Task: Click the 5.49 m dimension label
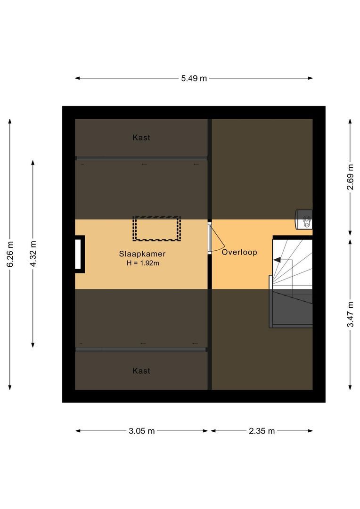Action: [x=194, y=79]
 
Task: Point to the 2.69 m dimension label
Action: [x=350, y=177]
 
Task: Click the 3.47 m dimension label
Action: [x=350, y=314]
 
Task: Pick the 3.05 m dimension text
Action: [x=141, y=431]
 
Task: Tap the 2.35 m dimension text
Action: [x=261, y=431]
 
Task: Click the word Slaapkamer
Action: [x=142, y=254]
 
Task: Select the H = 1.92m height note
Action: [x=142, y=263]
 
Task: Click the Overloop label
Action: [x=239, y=252]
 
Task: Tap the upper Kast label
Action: [x=141, y=138]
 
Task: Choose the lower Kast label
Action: [x=141, y=371]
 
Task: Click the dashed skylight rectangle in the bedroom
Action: [x=157, y=229]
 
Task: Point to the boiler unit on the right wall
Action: [x=303, y=219]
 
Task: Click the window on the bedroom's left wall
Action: [x=80, y=254]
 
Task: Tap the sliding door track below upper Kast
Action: [x=141, y=158]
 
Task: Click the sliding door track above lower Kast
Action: [x=141, y=349]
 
